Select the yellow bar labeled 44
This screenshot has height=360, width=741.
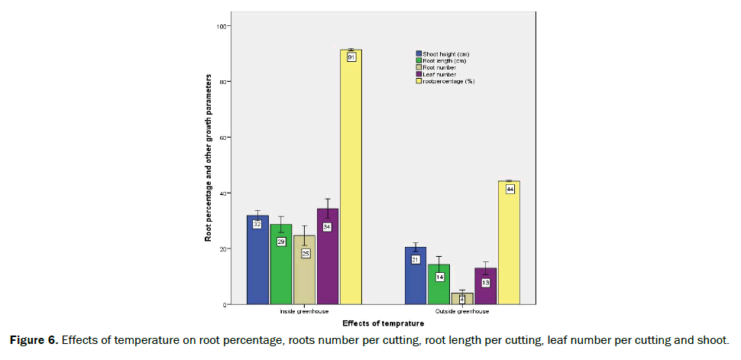tap(509, 245)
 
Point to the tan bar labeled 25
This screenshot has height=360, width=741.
tap(305, 271)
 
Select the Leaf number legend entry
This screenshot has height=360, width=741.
tap(439, 74)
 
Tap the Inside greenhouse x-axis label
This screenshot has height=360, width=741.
tap(304, 312)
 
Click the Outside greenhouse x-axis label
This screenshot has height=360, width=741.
tap(462, 312)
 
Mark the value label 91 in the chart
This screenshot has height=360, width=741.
tap(351, 57)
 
